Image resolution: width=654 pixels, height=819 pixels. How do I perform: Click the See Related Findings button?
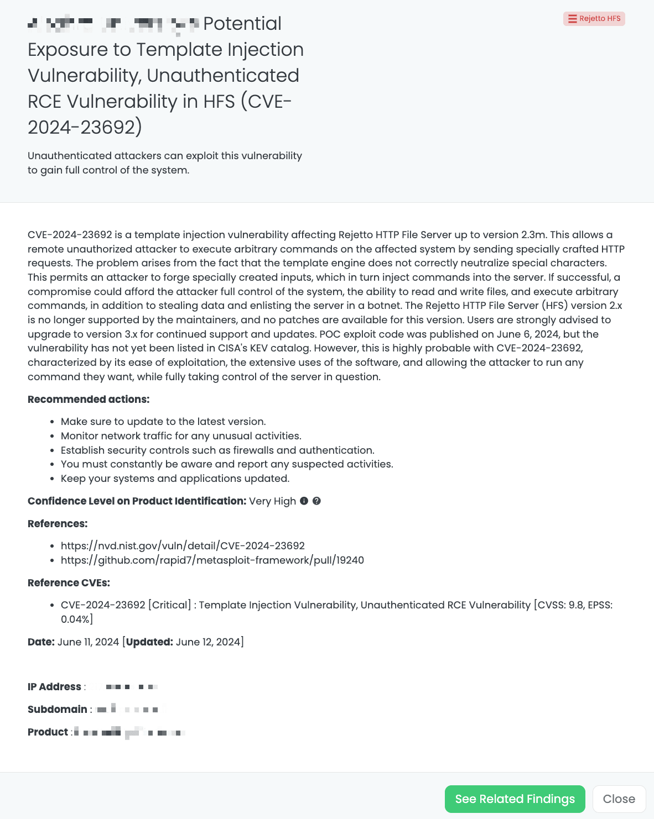(515, 799)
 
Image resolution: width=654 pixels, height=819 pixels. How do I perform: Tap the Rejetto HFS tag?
(594, 19)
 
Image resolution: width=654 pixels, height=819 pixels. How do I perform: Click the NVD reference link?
(183, 546)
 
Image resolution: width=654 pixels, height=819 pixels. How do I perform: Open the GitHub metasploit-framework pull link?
(212, 560)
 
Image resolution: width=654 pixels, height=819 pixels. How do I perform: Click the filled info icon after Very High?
(304, 501)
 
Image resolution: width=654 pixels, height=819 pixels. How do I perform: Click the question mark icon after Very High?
(316, 501)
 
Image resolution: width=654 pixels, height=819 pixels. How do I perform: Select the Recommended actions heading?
(89, 400)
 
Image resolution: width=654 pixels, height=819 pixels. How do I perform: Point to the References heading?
(58, 524)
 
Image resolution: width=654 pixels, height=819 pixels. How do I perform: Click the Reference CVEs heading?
(69, 583)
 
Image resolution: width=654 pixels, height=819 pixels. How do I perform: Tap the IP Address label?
(54, 687)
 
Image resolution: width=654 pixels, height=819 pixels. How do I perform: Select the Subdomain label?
(58, 710)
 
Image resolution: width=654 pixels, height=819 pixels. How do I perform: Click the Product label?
(48, 732)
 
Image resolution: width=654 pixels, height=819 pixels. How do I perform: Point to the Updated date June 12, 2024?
(208, 642)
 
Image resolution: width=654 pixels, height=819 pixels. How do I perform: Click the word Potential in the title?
(242, 24)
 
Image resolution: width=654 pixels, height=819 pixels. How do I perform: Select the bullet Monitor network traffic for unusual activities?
(181, 436)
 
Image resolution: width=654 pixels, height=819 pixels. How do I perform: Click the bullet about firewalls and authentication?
(217, 450)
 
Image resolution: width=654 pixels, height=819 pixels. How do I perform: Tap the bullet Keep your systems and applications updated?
(175, 479)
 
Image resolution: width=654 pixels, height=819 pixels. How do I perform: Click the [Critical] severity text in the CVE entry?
(169, 605)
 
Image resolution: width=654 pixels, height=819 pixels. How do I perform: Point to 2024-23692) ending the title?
(85, 128)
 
